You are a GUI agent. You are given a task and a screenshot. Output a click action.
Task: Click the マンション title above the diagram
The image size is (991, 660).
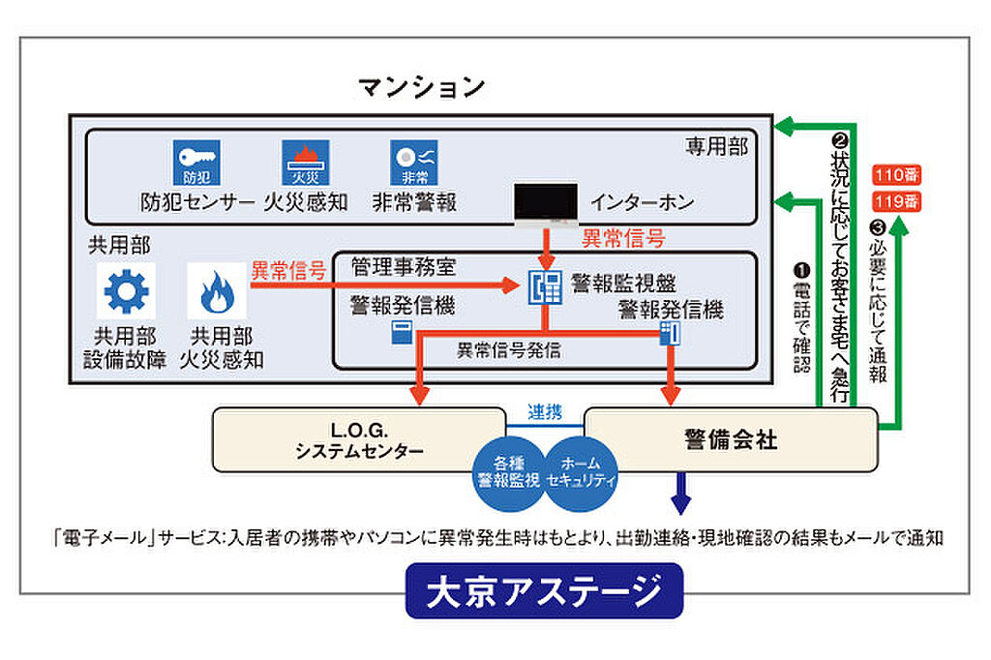422,88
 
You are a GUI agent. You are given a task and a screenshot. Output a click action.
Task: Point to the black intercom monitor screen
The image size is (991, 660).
547,202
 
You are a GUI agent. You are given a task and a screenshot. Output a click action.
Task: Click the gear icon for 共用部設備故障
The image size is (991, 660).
126,291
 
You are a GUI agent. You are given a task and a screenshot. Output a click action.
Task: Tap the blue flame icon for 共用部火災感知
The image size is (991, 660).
218,291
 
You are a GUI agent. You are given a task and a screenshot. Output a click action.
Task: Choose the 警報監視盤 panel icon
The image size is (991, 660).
545,285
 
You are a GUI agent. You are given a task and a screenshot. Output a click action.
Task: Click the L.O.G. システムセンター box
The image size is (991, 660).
358,439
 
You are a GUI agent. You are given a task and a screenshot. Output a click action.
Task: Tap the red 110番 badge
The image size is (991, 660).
894,176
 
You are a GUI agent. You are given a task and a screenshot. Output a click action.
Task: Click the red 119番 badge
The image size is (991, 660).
894,201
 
